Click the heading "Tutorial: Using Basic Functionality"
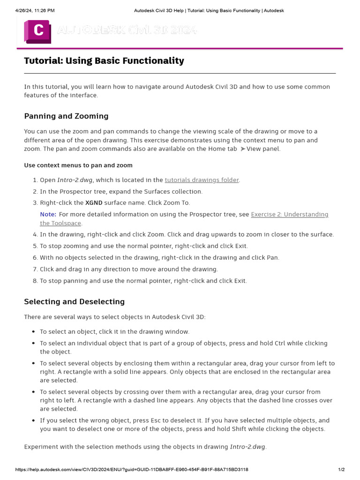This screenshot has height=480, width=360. pyautogui.click(x=104, y=61)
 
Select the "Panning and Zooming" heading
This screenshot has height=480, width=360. pyautogui.click(x=66, y=116)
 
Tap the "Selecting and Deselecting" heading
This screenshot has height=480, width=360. pyautogui.click(x=74, y=302)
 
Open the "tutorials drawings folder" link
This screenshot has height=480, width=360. pyautogui.click(x=202, y=180)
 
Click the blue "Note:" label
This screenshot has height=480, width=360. pyautogui.click(x=48, y=215)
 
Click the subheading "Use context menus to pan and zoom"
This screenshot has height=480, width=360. pyautogui.click(x=78, y=165)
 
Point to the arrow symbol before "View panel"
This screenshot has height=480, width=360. pyautogui.click(x=242, y=149)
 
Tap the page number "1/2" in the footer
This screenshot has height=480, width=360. pyautogui.click(x=342, y=470)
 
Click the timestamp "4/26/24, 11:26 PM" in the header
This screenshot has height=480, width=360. pyautogui.click(x=29, y=10)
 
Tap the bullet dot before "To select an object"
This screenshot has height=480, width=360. pyautogui.click(x=33, y=332)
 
